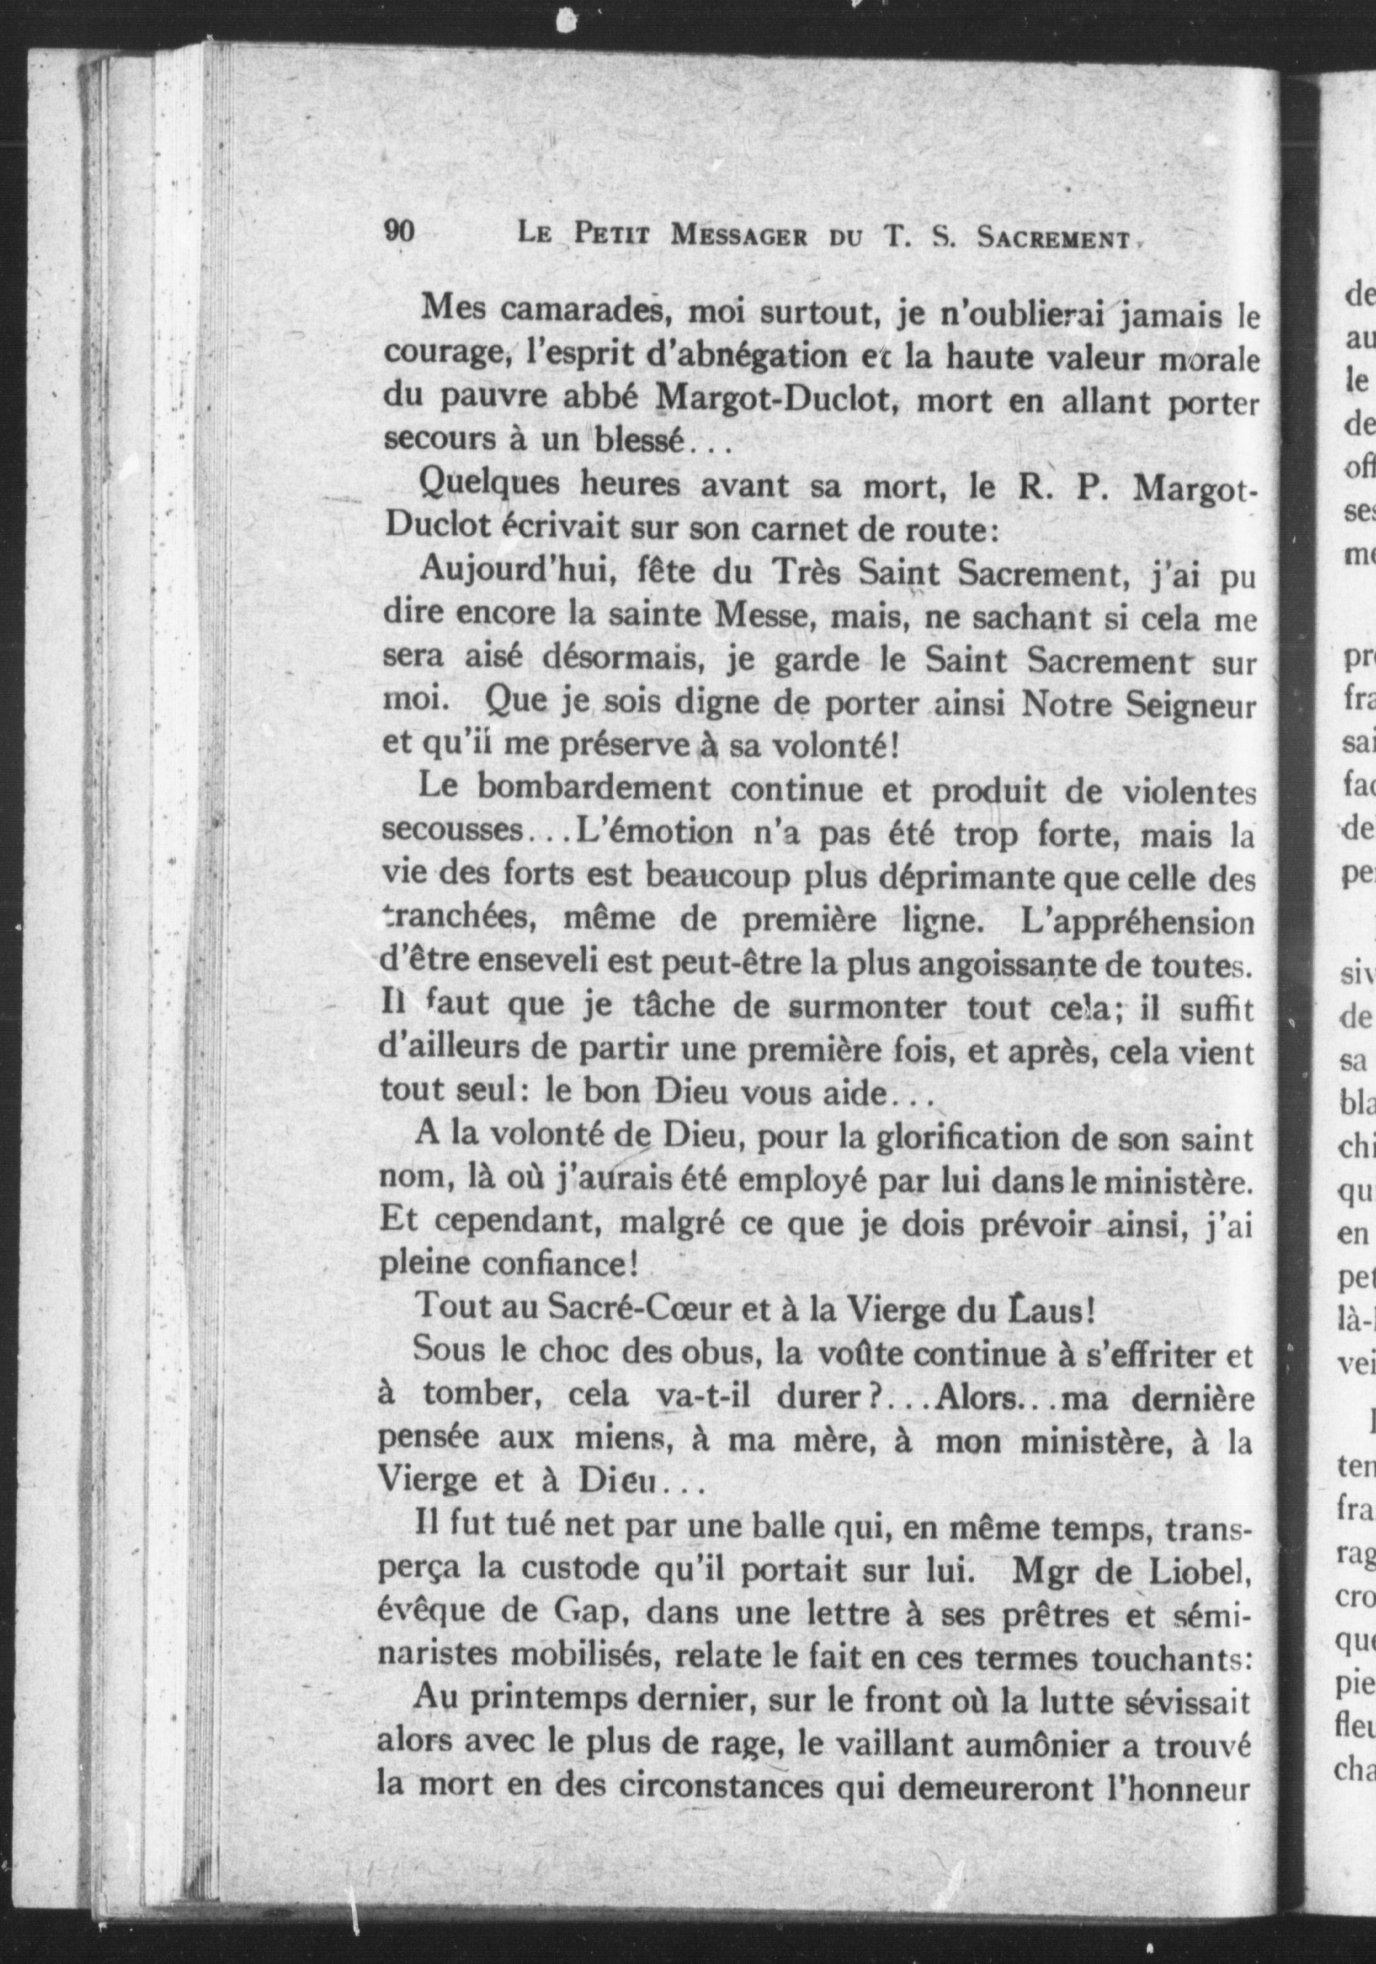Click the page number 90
coord(399,232)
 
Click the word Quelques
coord(488,485)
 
